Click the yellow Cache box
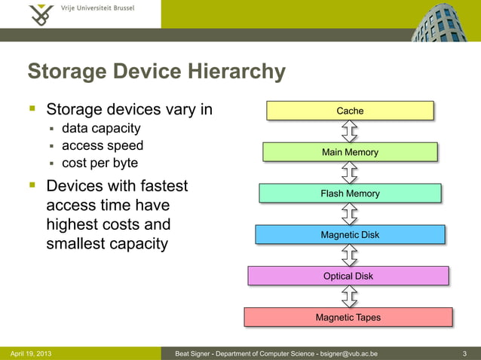[x=350, y=111]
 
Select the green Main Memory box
[x=350, y=152]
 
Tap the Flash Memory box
[x=350, y=194]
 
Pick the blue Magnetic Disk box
[x=350, y=235]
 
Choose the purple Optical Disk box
[x=348, y=276]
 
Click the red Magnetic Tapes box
[x=348, y=317]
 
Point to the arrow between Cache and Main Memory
[x=350, y=132]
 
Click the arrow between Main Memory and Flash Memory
[x=350, y=173]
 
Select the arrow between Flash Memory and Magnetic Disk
[x=350, y=215]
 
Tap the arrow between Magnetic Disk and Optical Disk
[x=350, y=255]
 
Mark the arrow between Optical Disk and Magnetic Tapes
[x=350, y=297]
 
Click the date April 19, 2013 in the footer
[x=31, y=353]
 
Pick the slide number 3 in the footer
[x=464, y=353]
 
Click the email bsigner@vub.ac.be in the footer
[x=349, y=353]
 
